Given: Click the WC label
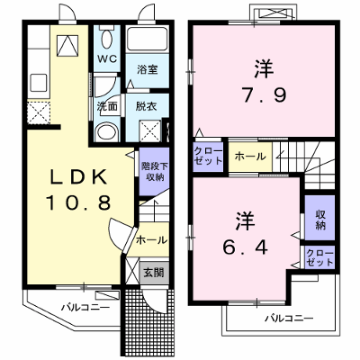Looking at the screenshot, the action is point(107,58).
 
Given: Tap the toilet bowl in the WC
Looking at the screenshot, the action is point(107,39).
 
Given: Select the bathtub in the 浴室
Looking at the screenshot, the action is point(147,40).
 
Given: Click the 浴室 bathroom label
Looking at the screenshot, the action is point(148,69).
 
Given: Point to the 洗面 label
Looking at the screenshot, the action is point(107,106).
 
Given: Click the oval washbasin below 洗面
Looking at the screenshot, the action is point(106,132).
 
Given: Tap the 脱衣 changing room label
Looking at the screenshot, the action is point(146,106).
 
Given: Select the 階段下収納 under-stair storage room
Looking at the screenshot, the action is point(155,172).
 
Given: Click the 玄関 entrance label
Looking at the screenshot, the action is point(153,273).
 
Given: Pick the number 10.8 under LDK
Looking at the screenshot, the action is point(78,202).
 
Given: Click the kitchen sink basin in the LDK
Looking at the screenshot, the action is point(39,83).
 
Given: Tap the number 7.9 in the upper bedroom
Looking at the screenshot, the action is point(265,95).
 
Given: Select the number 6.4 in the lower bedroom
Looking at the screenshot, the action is point(245,247).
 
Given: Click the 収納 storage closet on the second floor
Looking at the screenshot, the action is point(319,218).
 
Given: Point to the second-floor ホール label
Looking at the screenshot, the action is point(250,156).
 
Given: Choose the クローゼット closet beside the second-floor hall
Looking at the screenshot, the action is point(208,156).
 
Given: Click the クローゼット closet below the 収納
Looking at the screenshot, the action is point(319,257).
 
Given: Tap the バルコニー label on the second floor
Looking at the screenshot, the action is point(289,318).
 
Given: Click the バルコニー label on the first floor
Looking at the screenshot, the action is point(85,308).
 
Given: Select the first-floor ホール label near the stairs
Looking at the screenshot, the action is point(151,240).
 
